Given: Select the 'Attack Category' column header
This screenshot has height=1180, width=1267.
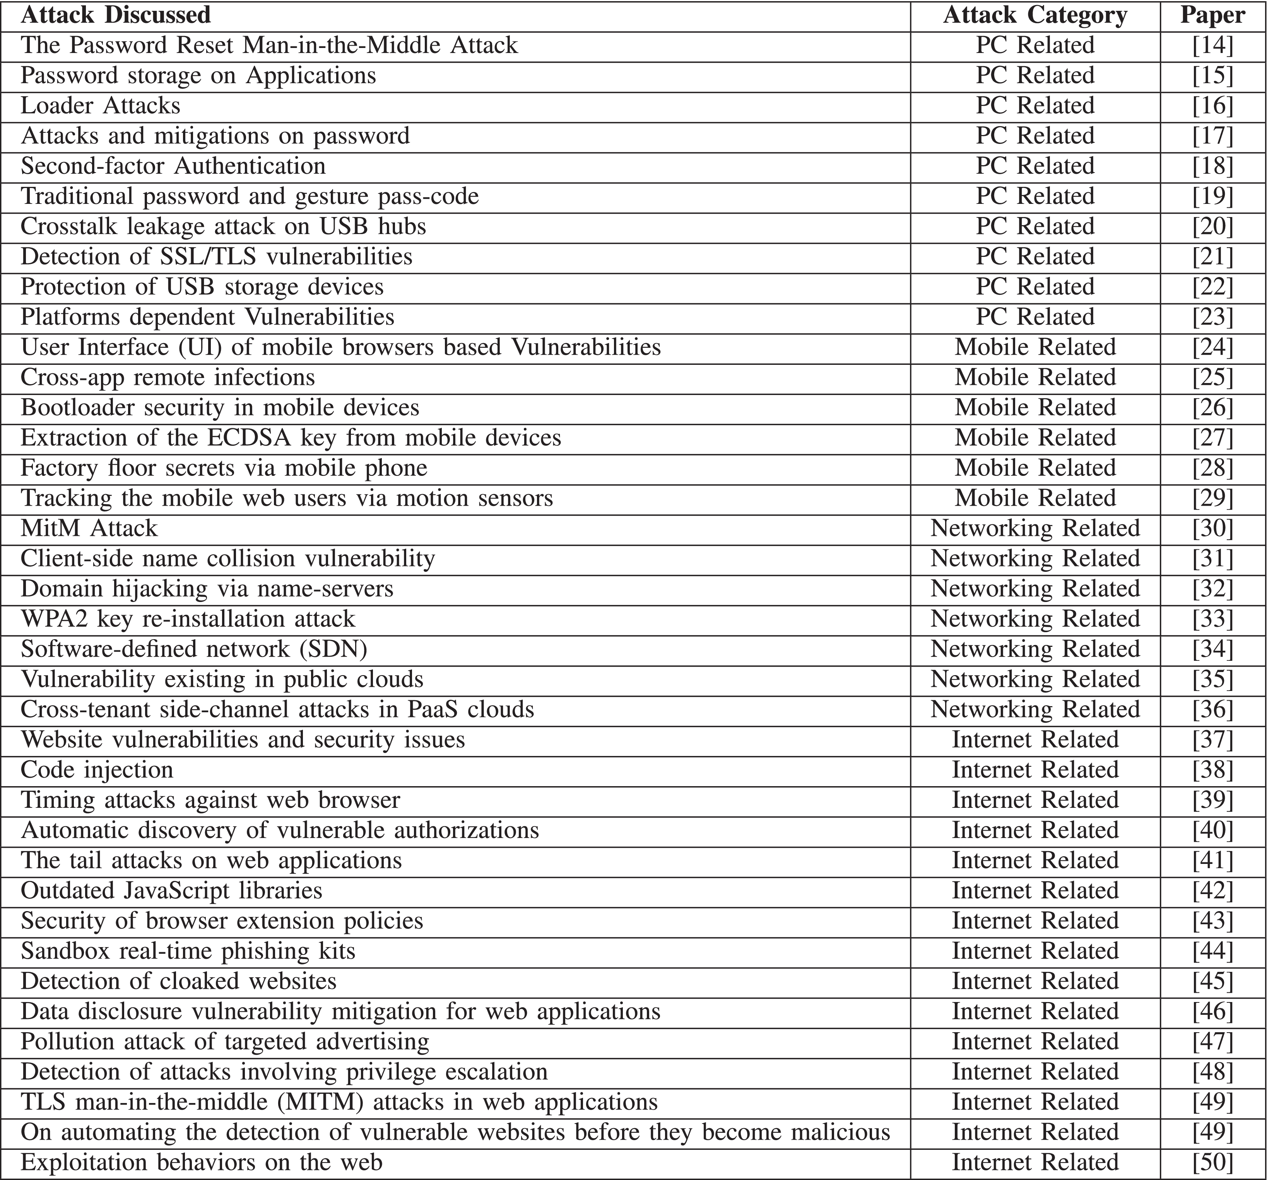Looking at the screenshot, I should (x=1035, y=15).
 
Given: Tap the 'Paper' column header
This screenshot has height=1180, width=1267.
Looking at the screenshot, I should (x=1212, y=15).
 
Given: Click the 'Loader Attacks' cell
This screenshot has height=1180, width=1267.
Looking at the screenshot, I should (x=101, y=106).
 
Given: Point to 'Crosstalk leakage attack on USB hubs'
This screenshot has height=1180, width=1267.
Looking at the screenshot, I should (x=223, y=226).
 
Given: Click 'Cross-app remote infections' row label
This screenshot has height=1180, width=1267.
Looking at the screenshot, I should (x=168, y=377).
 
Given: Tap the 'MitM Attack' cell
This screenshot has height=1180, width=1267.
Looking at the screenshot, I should (x=89, y=528).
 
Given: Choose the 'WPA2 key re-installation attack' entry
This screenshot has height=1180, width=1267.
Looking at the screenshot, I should (x=188, y=619).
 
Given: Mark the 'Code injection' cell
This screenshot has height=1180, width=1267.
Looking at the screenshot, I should (x=97, y=770).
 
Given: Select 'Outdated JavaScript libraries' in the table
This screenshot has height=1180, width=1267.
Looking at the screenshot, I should (x=171, y=891).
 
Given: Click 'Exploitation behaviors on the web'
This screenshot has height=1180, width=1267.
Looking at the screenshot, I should (x=202, y=1162).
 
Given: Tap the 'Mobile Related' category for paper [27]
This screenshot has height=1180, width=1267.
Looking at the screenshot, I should (x=1035, y=438).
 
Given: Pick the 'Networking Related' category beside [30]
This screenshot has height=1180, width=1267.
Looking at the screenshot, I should (x=1035, y=528).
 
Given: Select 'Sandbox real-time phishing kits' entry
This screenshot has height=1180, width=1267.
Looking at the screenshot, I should (x=188, y=951).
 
